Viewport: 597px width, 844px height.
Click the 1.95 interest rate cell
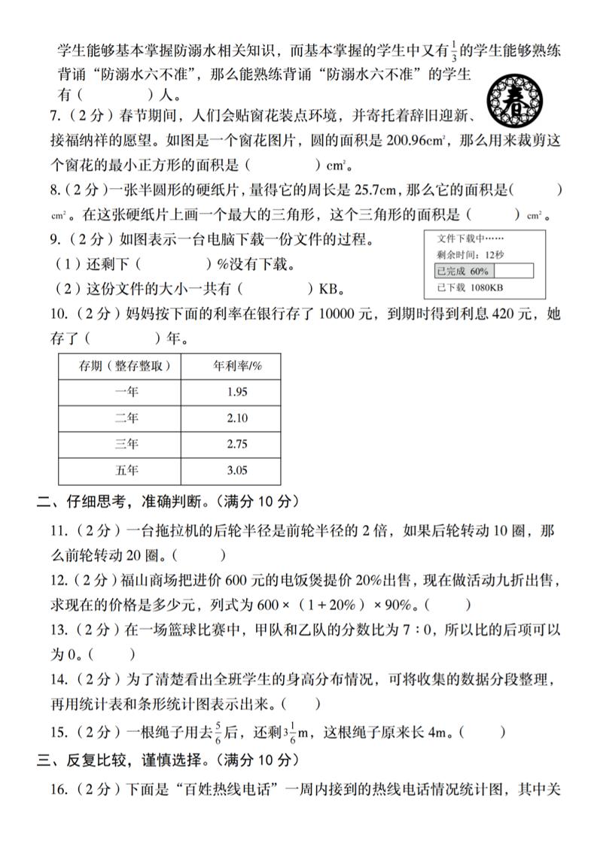click(x=236, y=391)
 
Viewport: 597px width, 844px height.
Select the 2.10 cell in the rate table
click(x=236, y=417)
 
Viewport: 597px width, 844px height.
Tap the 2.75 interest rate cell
click(x=236, y=445)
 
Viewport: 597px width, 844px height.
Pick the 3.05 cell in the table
click(x=236, y=471)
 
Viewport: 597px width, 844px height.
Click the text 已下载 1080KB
click(x=470, y=288)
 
